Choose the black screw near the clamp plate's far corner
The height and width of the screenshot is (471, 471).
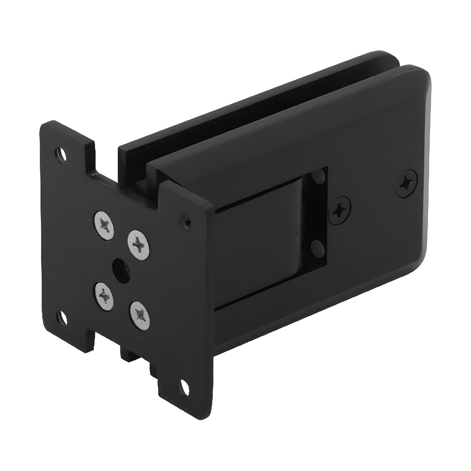tap(407, 184)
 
